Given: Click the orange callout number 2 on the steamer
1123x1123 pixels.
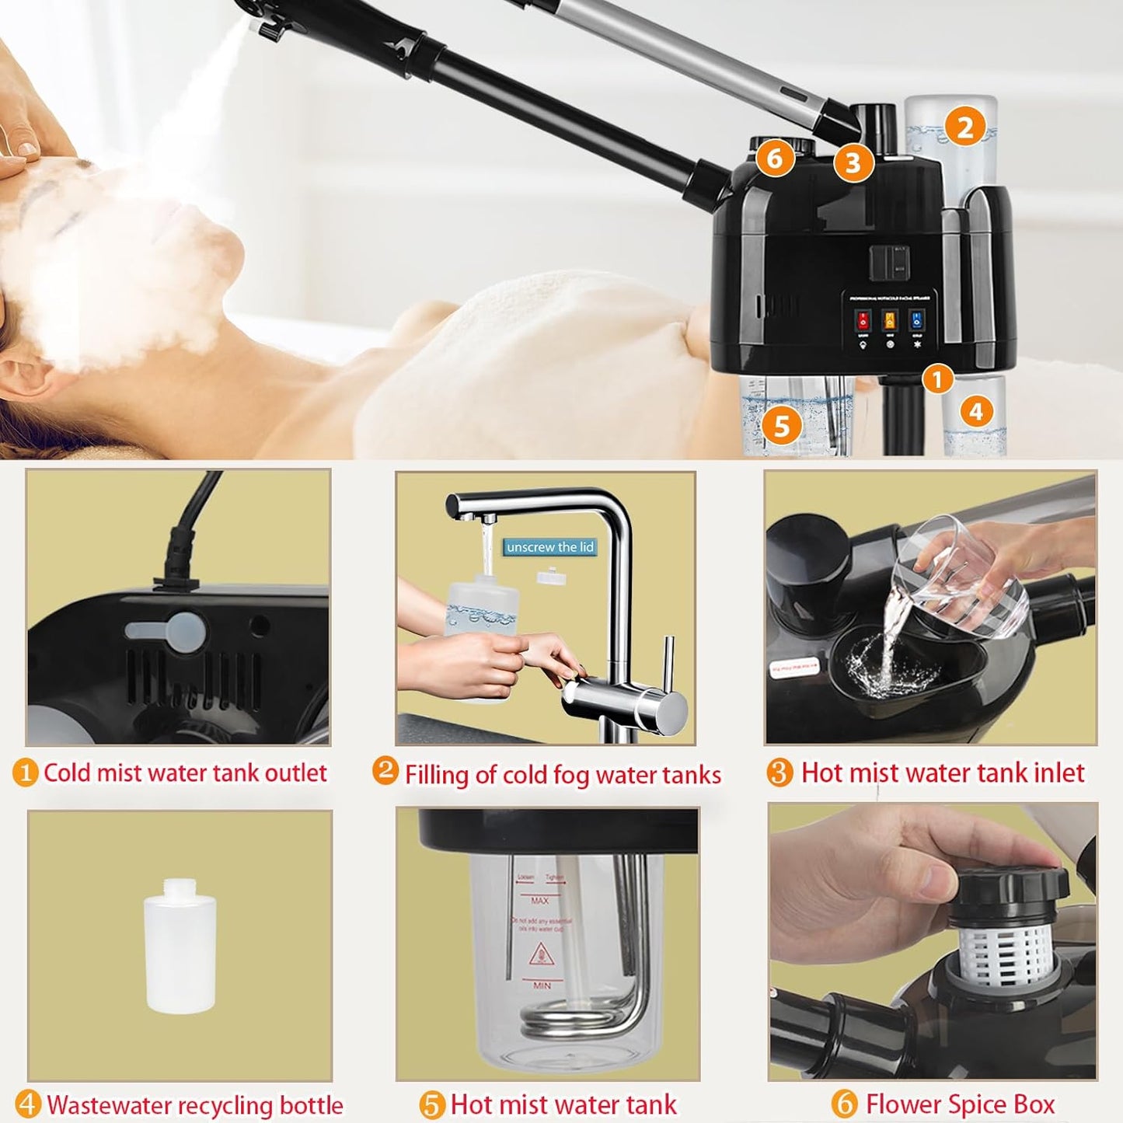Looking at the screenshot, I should click(964, 127).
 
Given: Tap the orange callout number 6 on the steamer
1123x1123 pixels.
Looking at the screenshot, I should click(775, 158).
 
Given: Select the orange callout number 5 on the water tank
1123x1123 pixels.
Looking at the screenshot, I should click(781, 425).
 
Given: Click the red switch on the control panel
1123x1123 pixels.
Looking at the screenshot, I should click(863, 320).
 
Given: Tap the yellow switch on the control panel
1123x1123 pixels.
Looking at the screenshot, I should click(889, 320).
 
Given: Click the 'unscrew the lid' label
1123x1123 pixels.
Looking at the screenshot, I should click(549, 547).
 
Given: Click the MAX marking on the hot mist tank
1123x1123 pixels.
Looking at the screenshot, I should click(539, 901).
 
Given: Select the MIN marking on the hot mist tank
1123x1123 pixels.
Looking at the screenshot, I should click(542, 985).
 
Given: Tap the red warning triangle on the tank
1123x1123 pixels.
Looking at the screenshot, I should click(540, 954).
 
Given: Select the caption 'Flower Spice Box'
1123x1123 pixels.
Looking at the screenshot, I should click(960, 1104).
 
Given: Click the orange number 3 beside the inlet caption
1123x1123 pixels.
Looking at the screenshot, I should click(779, 772).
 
